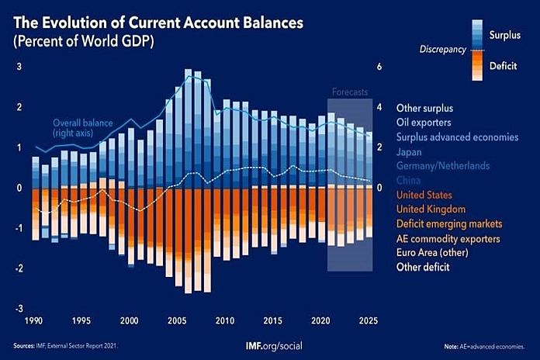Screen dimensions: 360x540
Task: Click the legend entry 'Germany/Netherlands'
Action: (445, 165)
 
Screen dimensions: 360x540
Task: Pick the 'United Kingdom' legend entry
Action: (431, 209)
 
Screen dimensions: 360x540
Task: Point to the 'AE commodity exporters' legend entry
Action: (448, 238)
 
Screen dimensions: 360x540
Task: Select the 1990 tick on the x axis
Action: (34, 320)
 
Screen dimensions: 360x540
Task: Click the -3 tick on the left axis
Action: (19, 309)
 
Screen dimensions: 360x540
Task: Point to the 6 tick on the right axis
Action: (379, 67)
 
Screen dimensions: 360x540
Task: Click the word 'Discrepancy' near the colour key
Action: (442, 50)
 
